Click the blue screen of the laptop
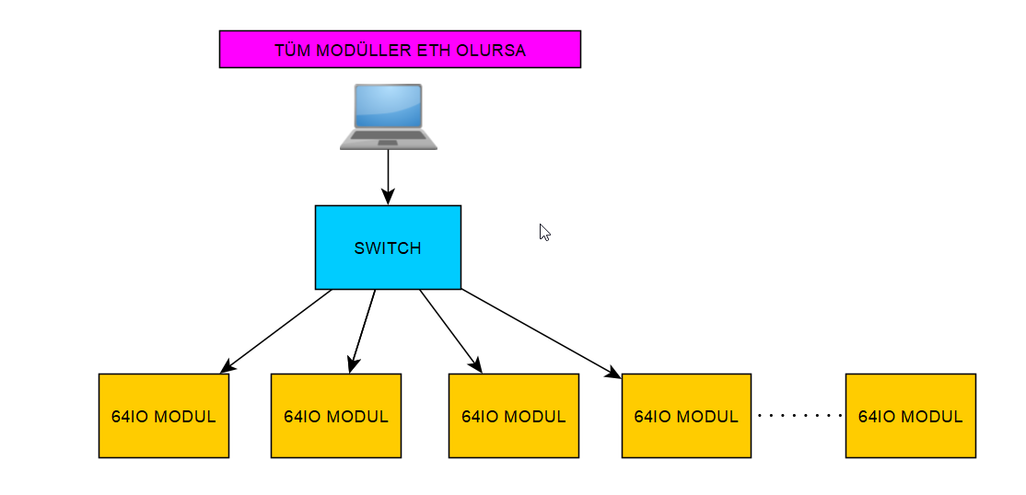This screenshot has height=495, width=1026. pos(388,106)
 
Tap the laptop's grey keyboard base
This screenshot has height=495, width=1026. pos(388,139)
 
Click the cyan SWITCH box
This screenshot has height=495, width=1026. pos(388,247)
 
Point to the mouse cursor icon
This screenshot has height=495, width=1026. pos(544,233)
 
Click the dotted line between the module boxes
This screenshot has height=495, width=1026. pos(799,416)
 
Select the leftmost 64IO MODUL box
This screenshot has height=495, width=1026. pos(163,416)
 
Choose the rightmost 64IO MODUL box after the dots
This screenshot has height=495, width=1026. pos(910,416)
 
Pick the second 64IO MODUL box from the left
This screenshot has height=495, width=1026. pos(335,416)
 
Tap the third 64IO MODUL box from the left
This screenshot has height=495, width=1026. pos(513,416)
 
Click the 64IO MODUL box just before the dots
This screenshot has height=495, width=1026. pos(686,416)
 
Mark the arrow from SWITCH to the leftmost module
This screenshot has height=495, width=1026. pos(276,331)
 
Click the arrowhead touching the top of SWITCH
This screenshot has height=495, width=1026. pos(388,197)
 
